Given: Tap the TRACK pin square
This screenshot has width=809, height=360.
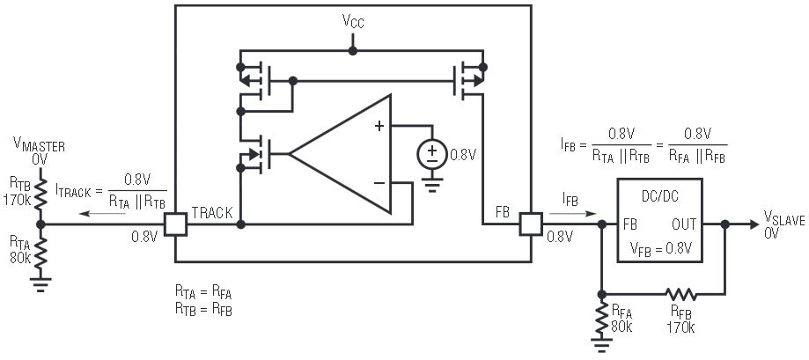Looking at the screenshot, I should click(x=176, y=224).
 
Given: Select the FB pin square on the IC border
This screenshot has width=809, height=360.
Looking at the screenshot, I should click(x=531, y=224).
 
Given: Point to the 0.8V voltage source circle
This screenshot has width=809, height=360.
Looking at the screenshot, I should click(x=431, y=155).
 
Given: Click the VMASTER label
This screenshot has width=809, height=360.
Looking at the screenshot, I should click(x=39, y=148).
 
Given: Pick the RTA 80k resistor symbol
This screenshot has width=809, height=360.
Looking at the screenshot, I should click(x=39, y=248).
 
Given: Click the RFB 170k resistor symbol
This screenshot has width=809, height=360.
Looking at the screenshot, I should click(x=680, y=294).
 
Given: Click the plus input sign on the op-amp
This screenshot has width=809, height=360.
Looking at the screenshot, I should click(x=379, y=126).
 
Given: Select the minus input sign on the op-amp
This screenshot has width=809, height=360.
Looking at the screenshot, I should click(x=379, y=182).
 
